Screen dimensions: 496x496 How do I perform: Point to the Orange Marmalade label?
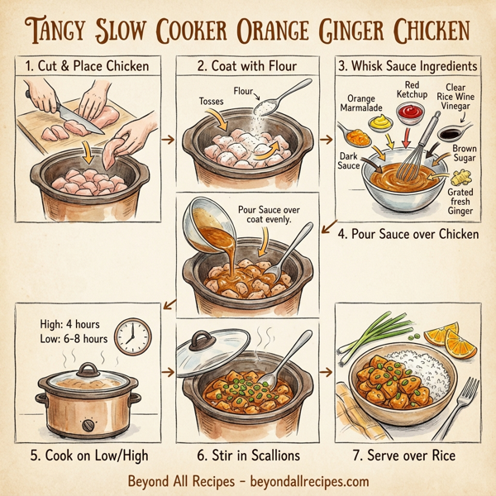coord(361,103)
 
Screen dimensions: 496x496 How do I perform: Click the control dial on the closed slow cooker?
coord(88,425)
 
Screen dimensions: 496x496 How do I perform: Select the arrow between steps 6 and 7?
coord(324,372)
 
